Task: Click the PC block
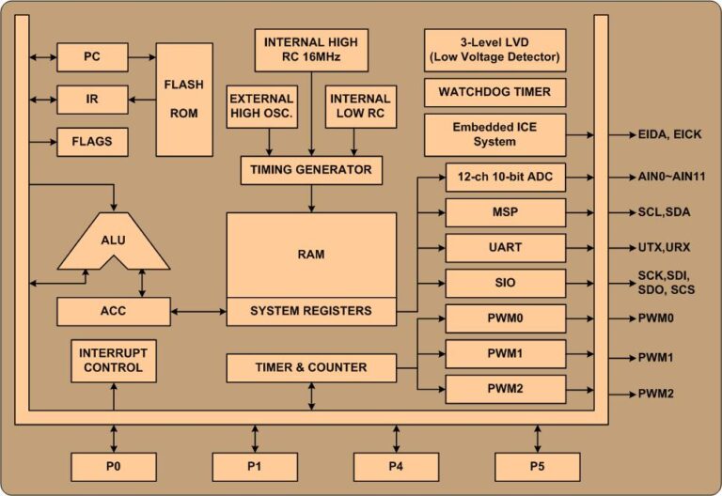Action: pyautogui.click(x=92, y=57)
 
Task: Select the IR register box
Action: pyautogui.click(x=92, y=100)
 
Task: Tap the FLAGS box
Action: pyautogui.click(x=92, y=142)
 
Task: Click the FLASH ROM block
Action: pyautogui.click(x=184, y=100)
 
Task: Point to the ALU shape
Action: pyautogui.click(x=113, y=240)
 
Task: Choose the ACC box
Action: pyautogui.click(x=113, y=312)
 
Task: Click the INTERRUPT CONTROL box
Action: pyautogui.click(x=113, y=361)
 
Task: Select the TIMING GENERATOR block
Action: pyautogui.click(x=311, y=170)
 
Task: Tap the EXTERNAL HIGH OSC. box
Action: pyautogui.click(x=262, y=106)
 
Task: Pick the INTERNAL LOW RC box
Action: pyautogui.click(x=361, y=106)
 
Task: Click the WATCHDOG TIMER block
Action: pyautogui.click(x=495, y=92)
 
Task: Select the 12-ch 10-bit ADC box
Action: pyautogui.click(x=506, y=178)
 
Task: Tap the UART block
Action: pyautogui.click(x=506, y=248)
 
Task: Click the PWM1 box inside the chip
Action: pyautogui.click(x=506, y=354)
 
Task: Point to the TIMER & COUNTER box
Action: pyautogui.click(x=311, y=367)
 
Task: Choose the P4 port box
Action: pyautogui.click(x=396, y=467)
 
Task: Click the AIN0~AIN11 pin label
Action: pyautogui.click(x=671, y=177)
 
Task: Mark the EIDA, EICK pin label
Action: pyautogui.click(x=669, y=135)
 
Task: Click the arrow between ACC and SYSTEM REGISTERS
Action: pyautogui.click(x=198, y=312)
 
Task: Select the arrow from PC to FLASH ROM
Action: pyautogui.click(x=142, y=57)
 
